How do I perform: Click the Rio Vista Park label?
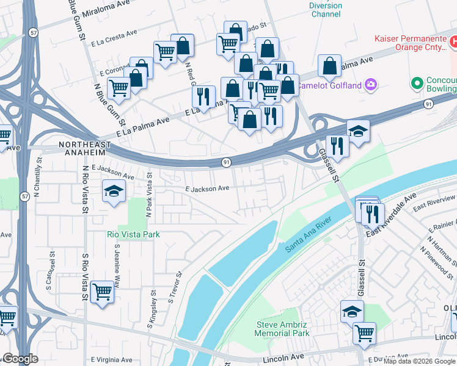click(133, 234)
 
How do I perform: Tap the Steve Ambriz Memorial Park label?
click(282, 329)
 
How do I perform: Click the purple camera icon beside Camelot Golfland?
click(370, 84)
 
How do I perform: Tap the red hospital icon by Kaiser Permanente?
click(453, 42)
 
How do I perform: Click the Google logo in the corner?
click(20, 359)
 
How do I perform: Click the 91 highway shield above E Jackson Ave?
click(226, 162)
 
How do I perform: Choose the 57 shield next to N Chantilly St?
click(24, 196)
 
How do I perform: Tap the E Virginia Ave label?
click(112, 361)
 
